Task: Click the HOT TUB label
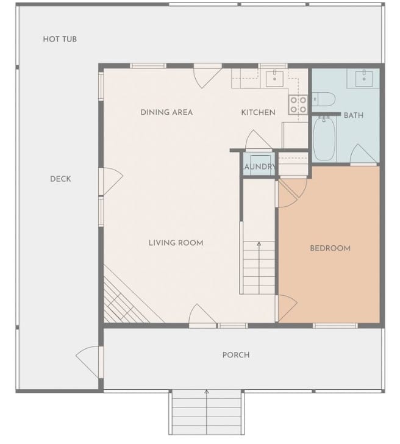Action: [x=60, y=39]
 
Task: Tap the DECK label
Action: [x=60, y=179]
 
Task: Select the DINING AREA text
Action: [x=166, y=112]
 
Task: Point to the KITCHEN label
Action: [x=258, y=112]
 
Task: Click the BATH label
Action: [x=354, y=115]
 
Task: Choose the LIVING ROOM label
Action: [x=176, y=243]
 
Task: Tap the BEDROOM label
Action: [x=330, y=248]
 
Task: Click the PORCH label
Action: [x=236, y=355]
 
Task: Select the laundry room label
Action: [x=260, y=167]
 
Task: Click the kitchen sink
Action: [x=274, y=79]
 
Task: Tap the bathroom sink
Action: [x=364, y=78]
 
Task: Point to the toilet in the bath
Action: [x=324, y=99]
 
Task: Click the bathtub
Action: [x=324, y=139]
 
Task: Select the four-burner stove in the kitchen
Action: [x=298, y=104]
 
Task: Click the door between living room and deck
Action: [x=111, y=182]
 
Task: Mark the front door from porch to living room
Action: [x=202, y=317]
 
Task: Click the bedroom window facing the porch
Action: [x=335, y=326]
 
